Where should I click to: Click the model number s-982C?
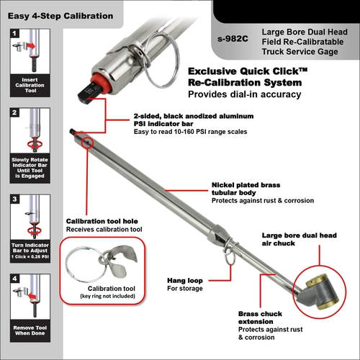point(233,39)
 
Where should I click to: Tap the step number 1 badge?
point(14,33)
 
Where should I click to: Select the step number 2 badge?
point(14,112)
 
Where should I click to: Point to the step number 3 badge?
point(14,199)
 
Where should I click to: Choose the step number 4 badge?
point(14,279)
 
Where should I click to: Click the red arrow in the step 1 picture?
point(31,46)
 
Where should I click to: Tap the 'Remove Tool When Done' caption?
point(30,330)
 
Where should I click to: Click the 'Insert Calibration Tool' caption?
point(30,85)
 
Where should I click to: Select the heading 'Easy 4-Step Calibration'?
point(60,16)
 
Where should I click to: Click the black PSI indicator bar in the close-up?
point(89,93)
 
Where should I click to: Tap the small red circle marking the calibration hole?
point(87,143)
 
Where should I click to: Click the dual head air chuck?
point(319,291)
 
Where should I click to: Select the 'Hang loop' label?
point(185,280)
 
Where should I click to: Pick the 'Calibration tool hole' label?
point(102,221)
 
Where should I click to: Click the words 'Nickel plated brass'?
point(246,185)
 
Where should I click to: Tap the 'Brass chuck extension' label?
point(260,318)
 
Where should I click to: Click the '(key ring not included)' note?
point(107,296)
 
